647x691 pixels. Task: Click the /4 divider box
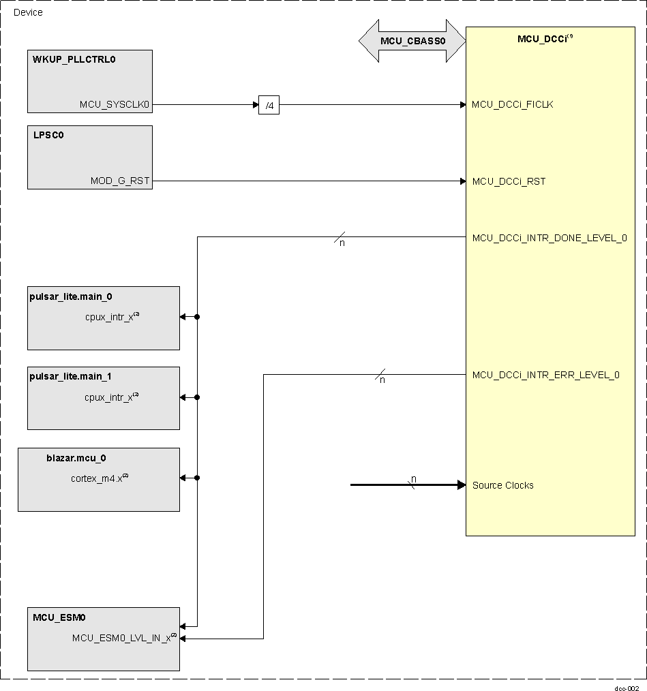[x=269, y=105]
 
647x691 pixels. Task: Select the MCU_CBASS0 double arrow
[x=412, y=41]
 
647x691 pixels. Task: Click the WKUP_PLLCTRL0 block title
[x=74, y=59]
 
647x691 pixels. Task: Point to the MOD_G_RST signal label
[x=120, y=181]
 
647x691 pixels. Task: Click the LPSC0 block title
[x=48, y=135]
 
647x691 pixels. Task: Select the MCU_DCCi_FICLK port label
[x=512, y=105]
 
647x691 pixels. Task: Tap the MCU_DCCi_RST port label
[x=509, y=181]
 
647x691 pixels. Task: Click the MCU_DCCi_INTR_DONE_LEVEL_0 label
[x=549, y=238]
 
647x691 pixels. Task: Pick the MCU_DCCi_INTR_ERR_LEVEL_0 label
[x=545, y=375]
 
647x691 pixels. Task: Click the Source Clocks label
[x=502, y=485]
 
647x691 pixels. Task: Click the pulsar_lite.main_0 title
[x=71, y=296]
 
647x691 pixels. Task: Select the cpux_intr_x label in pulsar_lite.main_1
[x=109, y=397]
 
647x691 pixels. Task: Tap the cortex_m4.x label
[x=97, y=478]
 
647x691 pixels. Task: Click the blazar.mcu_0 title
[x=76, y=458]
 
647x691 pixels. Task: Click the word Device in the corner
[x=28, y=12]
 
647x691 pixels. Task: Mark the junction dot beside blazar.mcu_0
[x=197, y=478]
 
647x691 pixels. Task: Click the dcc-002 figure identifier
[x=627, y=688]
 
